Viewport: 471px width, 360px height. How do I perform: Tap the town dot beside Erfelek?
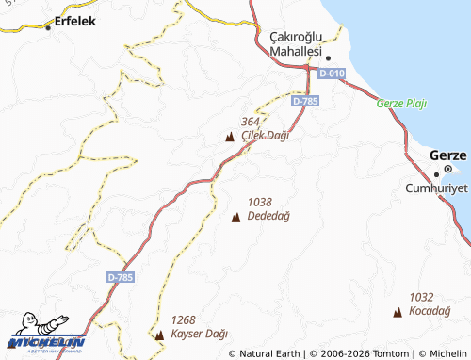49,28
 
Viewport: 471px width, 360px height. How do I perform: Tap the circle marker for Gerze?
449,171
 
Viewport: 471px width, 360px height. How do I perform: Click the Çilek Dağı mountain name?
265,136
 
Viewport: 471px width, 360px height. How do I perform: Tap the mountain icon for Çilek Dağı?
230,139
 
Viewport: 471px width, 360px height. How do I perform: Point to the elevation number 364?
251,123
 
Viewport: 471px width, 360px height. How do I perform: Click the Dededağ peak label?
268,216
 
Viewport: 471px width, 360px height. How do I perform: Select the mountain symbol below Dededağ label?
235,219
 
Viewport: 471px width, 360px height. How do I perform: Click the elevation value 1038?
260,202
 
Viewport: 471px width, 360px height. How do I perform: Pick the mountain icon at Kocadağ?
397,311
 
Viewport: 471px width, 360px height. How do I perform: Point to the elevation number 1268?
184,319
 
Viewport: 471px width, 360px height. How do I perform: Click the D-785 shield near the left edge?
121,277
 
